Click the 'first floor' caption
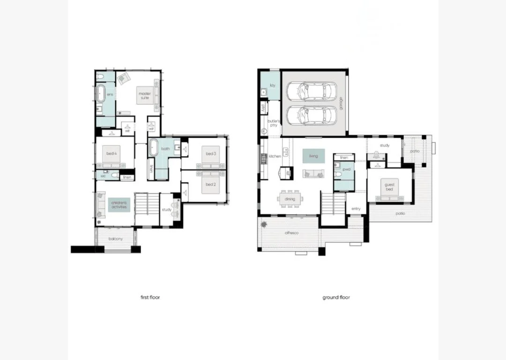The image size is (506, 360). tap(150, 297)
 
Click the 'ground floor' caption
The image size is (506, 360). tap(336, 297)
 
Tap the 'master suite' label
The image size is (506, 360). tap(144, 96)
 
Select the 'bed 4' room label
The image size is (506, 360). tap(111, 153)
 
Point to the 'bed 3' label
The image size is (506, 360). tap(210, 153)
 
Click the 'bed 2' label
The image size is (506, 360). tap(210, 184)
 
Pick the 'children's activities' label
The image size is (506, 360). tap(119, 204)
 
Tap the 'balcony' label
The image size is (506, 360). tap(116, 239)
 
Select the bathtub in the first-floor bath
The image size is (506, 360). tap(153, 149)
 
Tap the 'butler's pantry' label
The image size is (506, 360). tap(273, 123)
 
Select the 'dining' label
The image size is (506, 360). tap(290, 199)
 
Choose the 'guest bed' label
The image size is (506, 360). tap(389, 187)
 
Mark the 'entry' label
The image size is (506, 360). tap(356, 209)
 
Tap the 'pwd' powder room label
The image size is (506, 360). tap(346, 169)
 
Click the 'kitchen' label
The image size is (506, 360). tap(275, 156)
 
